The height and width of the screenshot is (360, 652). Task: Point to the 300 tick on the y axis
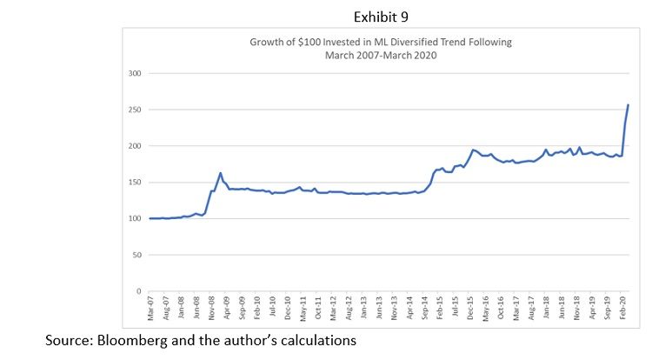(135, 73)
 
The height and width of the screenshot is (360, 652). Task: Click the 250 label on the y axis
(135, 110)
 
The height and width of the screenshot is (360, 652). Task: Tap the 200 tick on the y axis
(135, 146)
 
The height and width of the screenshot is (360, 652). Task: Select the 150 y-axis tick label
(135, 182)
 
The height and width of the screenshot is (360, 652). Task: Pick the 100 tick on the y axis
(135, 218)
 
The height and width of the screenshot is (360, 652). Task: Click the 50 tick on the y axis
(136, 255)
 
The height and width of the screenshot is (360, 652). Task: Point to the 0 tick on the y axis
(139, 291)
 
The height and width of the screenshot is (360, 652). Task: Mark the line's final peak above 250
(629, 105)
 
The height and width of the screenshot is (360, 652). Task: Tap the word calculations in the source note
(316, 342)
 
